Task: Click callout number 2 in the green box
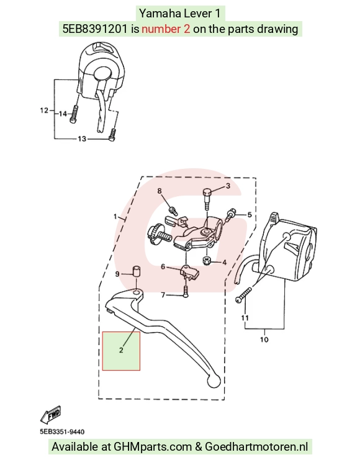pyautogui.click(x=121, y=350)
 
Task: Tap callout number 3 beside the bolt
pyautogui.click(x=228, y=186)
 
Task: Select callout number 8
pyautogui.click(x=160, y=191)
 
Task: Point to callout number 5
pyautogui.click(x=250, y=215)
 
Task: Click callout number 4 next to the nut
pyautogui.click(x=225, y=263)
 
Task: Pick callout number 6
pyautogui.click(x=163, y=267)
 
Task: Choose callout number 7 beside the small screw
pyautogui.click(x=163, y=295)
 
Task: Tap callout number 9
pyautogui.click(x=117, y=274)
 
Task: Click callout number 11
pyautogui.click(x=245, y=318)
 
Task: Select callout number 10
pyautogui.click(x=264, y=340)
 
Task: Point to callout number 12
pyautogui.click(x=44, y=110)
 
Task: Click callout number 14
pyautogui.click(x=63, y=114)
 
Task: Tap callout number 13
pyautogui.click(x=82, y=138)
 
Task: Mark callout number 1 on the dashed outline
pyautogui.click(x=115, y=217)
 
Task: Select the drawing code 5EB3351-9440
pyautogui.click(x=62, y=432)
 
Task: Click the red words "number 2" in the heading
pyautogui.click(x=166, y=29)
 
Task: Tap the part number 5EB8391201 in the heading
pyautogui.click(x=95, y=29)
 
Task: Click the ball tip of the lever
pyautogui.click(x=214, y=381)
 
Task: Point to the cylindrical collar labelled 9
pyautogui.click(x=136, y=271)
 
